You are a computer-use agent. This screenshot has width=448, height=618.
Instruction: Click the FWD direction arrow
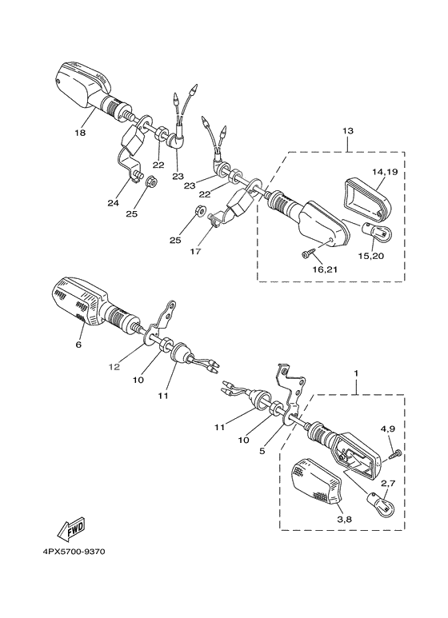[73, 531]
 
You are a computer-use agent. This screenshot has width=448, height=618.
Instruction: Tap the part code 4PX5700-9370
[74, 552]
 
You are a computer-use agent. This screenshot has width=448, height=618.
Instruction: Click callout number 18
[80, 133]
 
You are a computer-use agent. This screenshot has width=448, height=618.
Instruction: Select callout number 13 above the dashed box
[348, 130]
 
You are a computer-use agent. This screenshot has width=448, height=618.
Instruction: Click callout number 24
[113, 203]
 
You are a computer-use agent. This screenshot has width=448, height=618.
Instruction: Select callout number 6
[78, 345]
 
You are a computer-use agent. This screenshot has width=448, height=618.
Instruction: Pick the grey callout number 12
[114, 367]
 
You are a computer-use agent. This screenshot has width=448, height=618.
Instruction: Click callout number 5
[262, 450]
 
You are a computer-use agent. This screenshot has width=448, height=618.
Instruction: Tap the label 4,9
[386, 429]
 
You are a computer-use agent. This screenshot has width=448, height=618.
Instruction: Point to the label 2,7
[386, 484]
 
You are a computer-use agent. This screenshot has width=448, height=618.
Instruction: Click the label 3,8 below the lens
[344, 519]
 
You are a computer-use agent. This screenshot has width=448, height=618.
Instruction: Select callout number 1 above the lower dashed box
[357, 373]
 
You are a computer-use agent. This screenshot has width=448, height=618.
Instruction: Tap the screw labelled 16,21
[308, 253]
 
